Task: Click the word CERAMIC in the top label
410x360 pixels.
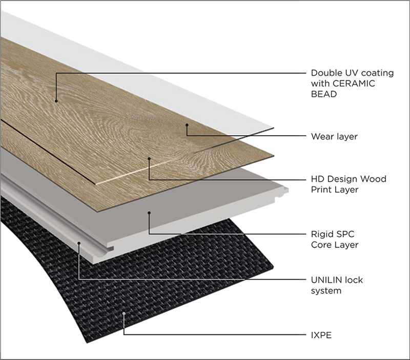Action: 354,83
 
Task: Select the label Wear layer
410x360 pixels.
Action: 334,137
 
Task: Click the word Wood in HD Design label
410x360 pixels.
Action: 375,179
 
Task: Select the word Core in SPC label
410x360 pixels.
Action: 321,245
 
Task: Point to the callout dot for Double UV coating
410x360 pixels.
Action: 55,101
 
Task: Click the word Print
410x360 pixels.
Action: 321,190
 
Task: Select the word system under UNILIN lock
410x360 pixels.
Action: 326,291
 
